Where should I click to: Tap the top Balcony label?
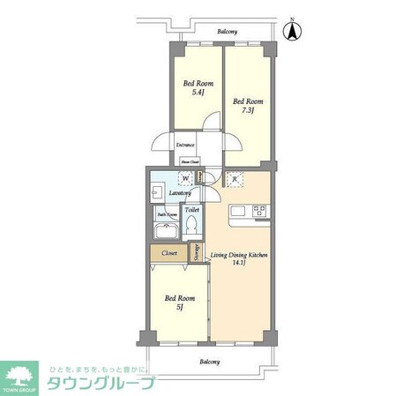tap(228, 32)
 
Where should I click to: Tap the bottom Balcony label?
tap(208, 362)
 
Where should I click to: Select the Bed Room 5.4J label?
tap(194, 89)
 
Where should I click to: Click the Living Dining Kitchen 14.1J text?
tap(238, 258)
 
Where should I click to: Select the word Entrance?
tap(185, 145)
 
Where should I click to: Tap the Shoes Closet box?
tap(190, 161)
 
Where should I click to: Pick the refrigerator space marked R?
tap(235, 180)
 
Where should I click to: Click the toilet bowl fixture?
tap(191, 227)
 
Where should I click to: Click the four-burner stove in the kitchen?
tap(260, 211)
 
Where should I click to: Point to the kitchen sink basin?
tap(238, 211)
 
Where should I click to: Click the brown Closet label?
tap(169, 253)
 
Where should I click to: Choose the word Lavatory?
tap(169, 193)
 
